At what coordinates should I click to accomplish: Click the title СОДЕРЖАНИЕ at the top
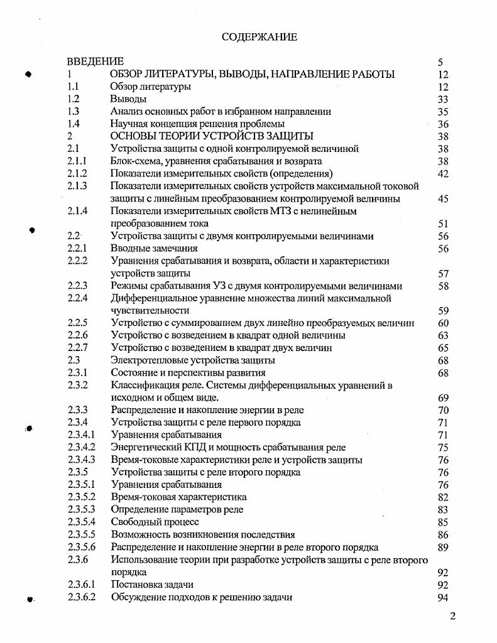(259, 37)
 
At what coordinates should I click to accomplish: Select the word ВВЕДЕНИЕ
(95, 62)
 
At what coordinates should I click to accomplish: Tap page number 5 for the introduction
(440, 62)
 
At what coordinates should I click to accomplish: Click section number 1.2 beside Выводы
(73, 99)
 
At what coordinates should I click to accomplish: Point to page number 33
(442, 99)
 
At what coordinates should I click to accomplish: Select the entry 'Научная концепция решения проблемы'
(197, 124)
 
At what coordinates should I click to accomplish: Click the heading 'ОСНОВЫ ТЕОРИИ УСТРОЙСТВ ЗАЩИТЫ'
(212, 136)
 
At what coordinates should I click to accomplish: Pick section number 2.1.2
(77, 174)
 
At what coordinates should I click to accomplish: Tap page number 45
(442, 199)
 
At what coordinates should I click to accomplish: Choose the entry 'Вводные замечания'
(154, 249)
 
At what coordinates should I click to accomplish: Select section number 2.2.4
(77, 298)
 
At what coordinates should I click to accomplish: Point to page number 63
(442, 335)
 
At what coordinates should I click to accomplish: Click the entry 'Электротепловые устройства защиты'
(193, 360)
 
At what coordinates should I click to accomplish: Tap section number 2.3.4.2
(81, 447)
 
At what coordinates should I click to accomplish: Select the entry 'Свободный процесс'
(155, 522)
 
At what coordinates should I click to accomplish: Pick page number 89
(442, 547)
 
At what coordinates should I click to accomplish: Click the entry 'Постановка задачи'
(153, 585)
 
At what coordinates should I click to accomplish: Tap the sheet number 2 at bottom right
(452, 616)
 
